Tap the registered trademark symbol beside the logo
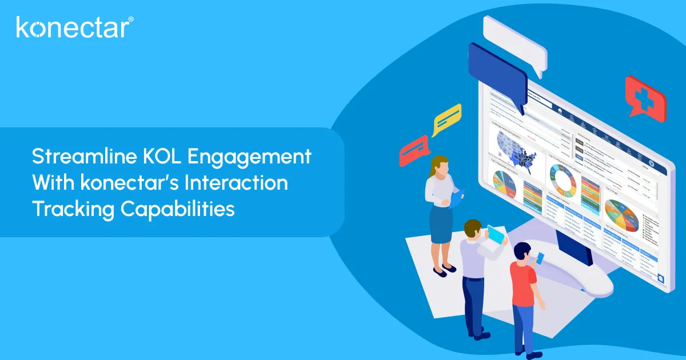click(x=131, y=19)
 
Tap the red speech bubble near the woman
click(x=414, y=150)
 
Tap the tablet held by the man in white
click(x=496, y=235)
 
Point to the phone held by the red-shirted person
click(x=540, y=258)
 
